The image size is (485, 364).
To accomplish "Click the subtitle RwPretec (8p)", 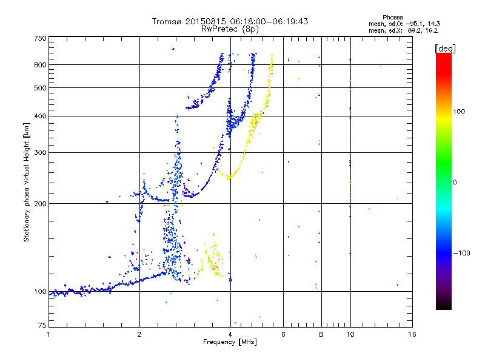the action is (x=230, y=29).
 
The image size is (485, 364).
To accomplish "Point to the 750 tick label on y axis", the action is (x=41, y=38).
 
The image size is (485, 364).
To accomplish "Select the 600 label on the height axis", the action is (x=41, y=65).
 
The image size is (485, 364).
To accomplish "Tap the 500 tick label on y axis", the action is (x=41, y=88).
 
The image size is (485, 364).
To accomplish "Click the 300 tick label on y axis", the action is (x=41, y=152).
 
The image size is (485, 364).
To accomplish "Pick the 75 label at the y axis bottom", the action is (x=42, y=325).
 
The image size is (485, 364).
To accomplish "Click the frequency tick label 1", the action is (x=48, y=334).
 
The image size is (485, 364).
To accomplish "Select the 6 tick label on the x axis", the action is (x=283, y=334).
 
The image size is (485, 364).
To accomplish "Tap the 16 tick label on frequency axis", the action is (x=412, y=334).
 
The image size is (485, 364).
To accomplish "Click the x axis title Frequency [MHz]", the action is (x=230, y=342).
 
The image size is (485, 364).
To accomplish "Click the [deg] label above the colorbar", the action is (x=445, y=49).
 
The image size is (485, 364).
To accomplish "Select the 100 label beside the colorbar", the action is (x=459, y=112).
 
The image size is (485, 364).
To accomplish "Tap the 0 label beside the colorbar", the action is (x=455, y=183).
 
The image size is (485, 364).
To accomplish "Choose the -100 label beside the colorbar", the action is (x=462, y=253).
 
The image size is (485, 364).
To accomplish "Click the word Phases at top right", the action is (x=392, y=18).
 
